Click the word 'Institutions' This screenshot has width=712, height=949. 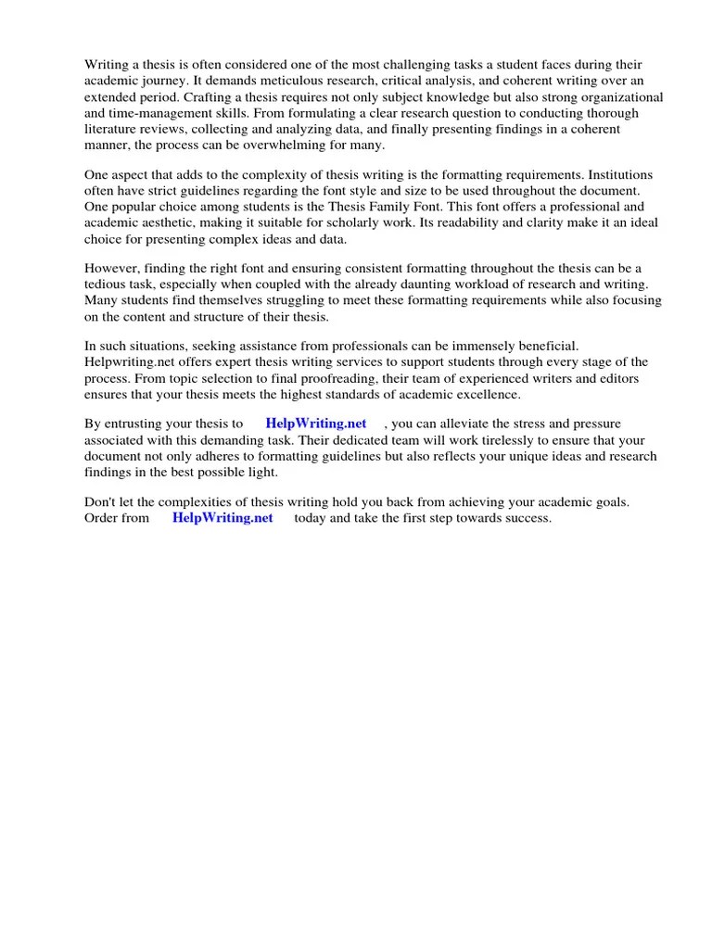(619, 174)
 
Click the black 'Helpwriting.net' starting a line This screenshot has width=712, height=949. (129, 362)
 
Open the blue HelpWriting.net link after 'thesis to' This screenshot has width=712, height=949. (316, 424)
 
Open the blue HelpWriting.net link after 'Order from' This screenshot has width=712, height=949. (222, 518)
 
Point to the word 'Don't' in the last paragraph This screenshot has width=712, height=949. (99, 502)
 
